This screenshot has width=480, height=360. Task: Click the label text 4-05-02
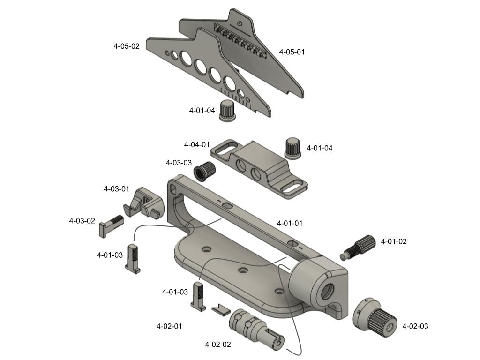pyautogui.click(x=127, y=46)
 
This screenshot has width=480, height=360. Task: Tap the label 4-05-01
pyautogui.click(x=292, y=52)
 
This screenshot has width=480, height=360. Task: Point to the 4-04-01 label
pyautogui.click(x=197, y=144)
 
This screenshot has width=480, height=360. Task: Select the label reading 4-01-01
pyautogui.click(x=290, y=223)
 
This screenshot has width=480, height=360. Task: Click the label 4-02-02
pyautogui.click(x=218, y=345)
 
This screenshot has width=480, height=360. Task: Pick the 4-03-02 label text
pyautogui.click(x=82, y=221)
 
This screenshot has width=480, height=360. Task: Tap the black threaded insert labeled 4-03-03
pyautogui.click(x=205, y=171)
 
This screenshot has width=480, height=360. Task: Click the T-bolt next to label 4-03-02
pyautogui.click(x=111, y=225)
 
